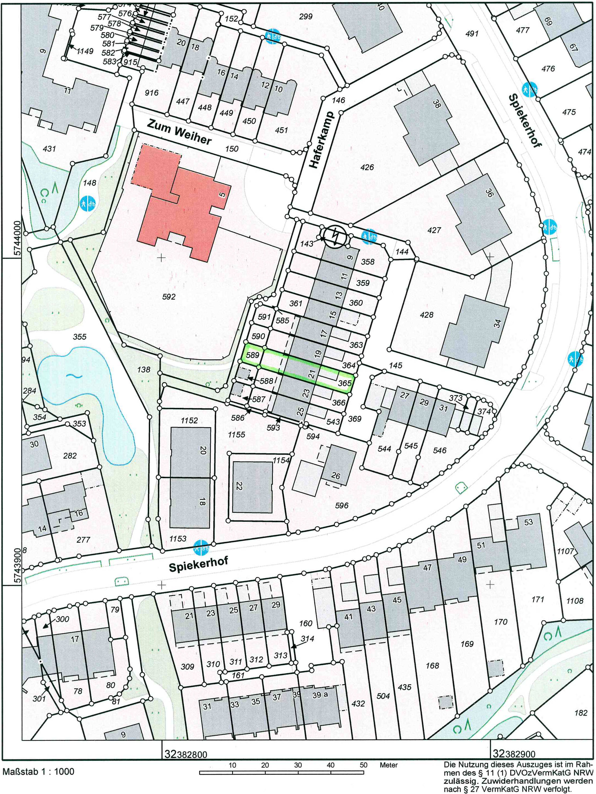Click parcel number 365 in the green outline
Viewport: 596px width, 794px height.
[344, 383]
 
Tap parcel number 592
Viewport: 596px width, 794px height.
[169, 297]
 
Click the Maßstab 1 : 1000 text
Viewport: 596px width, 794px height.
[38, 772]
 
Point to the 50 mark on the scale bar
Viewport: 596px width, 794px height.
[363, 765]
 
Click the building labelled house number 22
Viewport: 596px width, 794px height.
[252, 487]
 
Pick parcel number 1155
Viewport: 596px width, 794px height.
[236, 435]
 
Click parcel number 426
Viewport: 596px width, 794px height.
[367, 167]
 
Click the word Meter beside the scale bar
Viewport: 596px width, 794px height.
[388, 765]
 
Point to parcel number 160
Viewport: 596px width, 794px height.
[305, 623]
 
